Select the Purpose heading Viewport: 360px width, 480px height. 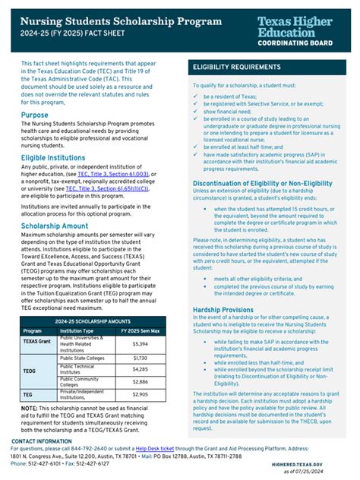35,115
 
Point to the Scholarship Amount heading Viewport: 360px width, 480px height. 55,226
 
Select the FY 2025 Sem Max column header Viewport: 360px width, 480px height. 140,331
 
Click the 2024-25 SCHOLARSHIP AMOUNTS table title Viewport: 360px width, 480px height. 90,321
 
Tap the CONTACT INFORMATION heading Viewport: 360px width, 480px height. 42,441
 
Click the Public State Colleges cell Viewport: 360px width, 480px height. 81,357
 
